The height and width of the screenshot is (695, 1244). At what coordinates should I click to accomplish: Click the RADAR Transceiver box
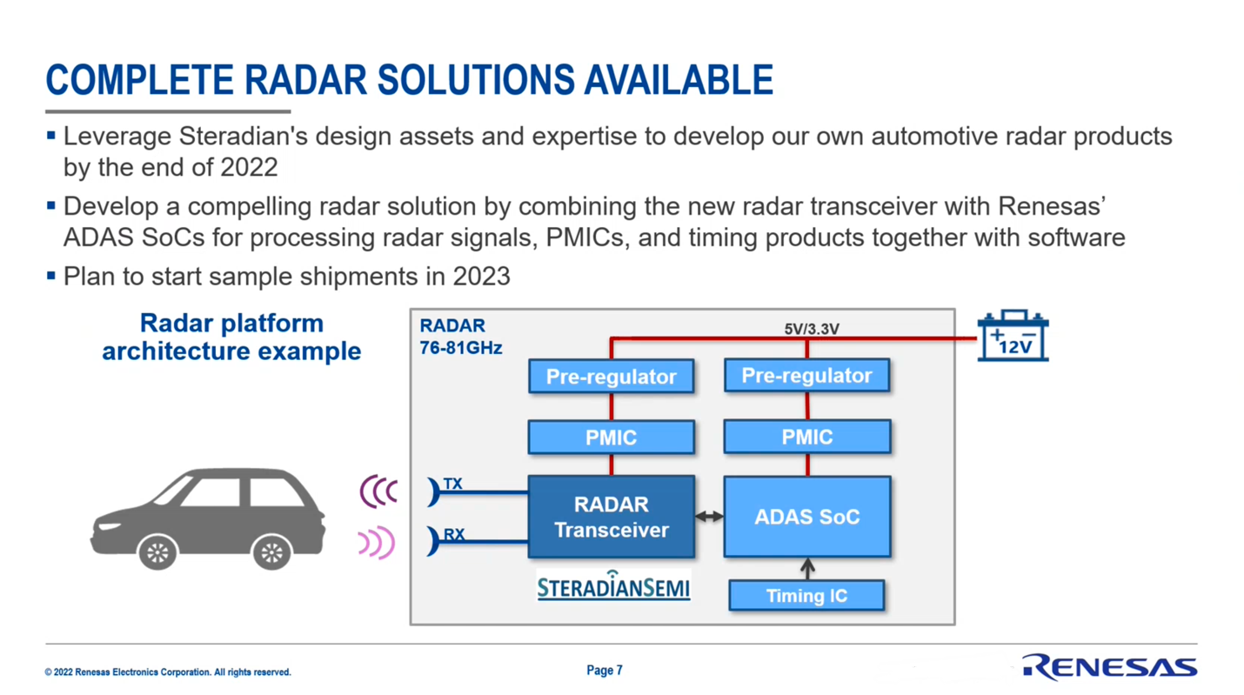coord(612,517)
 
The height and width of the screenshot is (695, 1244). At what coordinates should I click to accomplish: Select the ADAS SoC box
coord(807,517)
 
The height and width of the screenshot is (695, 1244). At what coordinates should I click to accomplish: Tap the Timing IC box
coord(807,596)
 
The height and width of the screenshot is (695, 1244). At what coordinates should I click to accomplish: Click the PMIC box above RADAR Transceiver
coord(612,438)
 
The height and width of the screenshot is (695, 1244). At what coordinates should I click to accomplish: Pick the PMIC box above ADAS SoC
coord(807,437)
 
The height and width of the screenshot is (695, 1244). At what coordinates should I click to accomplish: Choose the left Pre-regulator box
coord(612,377)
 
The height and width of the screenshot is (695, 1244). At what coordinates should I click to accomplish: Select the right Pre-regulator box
coord(807,375)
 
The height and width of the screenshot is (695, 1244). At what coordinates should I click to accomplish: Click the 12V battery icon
coord(1013,336)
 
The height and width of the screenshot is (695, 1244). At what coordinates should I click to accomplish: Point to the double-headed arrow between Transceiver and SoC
coord(709,517)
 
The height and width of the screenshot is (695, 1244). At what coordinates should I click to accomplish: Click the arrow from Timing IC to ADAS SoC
coord(807,569)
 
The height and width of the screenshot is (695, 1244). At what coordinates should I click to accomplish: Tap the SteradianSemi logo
coord(613,585)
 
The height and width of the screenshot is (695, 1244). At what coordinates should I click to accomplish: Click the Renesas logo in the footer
coord(1110,666)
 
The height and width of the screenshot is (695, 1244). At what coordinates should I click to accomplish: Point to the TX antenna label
coord(452,484)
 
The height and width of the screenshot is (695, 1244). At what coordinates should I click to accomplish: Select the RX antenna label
coord(454,535)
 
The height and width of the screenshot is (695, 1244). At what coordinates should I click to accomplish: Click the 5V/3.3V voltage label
coord(812,329)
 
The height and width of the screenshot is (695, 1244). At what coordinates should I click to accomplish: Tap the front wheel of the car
coord(157,552)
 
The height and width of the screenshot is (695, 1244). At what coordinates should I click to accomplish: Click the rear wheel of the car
coord(271,552)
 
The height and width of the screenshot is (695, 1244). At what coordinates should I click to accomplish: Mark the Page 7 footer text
coord(605,671)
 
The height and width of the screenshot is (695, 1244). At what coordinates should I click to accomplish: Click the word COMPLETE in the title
coord(139,80)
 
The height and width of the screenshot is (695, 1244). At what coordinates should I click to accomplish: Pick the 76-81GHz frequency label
coord(461,348)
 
